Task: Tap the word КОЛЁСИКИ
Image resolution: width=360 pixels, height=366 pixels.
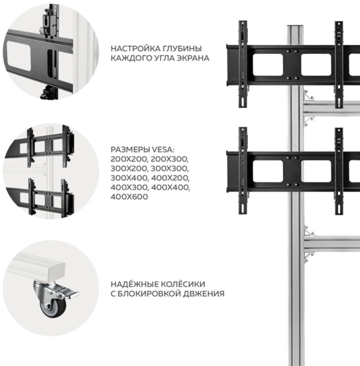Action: click(183, 284)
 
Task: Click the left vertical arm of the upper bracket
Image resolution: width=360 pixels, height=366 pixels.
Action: click(243, 63)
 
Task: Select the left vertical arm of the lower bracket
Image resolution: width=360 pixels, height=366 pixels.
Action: click(243, 171)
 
